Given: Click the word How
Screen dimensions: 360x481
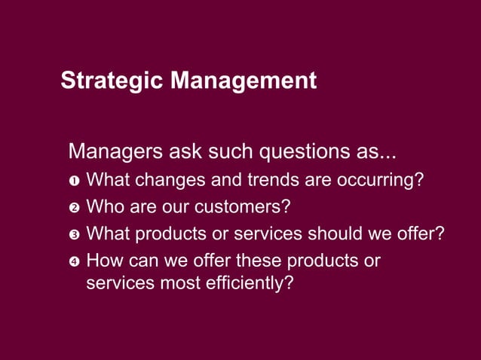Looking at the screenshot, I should [104, 261].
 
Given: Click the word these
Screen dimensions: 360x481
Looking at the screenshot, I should [258, 261].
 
